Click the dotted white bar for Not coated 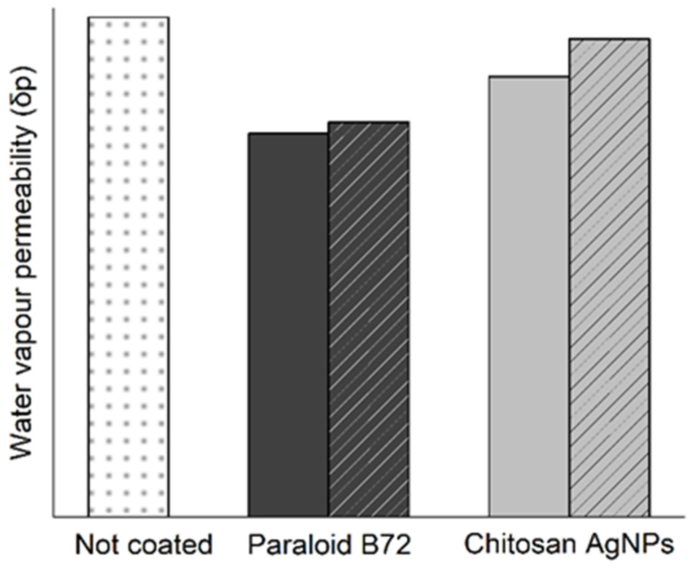pos(128,267)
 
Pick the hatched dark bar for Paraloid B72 pos(368,320)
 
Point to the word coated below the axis pos(169,545)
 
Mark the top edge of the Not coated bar pos(128,18)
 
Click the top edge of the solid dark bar pos(288,133)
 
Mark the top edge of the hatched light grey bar pos(609,39)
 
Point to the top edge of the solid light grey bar pos(529,77)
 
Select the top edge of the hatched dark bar pos(368,122)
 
